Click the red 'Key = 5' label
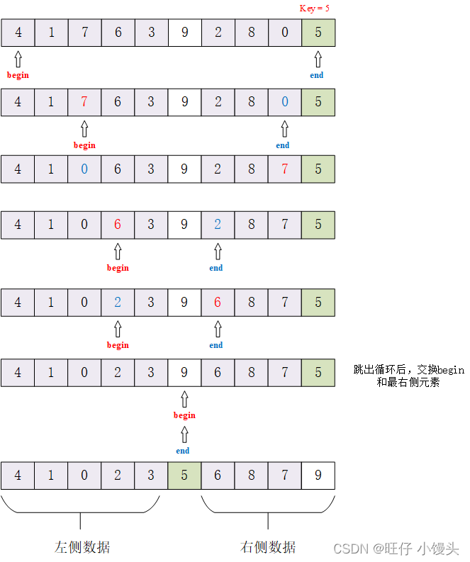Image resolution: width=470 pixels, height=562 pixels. [314, 9]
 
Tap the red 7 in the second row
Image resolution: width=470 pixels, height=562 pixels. [84, 102]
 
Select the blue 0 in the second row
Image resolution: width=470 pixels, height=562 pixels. [285, 102]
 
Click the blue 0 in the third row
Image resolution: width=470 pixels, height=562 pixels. [84, 169]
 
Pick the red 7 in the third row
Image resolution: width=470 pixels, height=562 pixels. [285, 169]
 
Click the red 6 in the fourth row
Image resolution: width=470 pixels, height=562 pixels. [118, 225]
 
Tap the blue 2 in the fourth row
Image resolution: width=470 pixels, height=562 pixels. [218, 225]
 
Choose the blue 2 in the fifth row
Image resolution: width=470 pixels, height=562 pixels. [118, 303]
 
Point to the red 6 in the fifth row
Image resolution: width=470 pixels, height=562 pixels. [218, 303]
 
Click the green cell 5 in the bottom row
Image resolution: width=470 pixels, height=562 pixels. [184, 476]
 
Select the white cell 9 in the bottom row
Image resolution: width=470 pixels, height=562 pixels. [318, 476]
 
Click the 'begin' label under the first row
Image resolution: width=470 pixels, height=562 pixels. [18, 75]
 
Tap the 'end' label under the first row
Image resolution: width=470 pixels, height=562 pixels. [317, 75]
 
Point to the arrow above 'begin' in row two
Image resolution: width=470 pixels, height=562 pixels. [84, 129]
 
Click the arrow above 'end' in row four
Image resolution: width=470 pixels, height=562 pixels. [218, 252]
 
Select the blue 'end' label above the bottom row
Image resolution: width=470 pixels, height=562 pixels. [183, 451]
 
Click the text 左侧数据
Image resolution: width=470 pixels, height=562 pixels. [82, 547]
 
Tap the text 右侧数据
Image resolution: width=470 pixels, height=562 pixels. [268, 547]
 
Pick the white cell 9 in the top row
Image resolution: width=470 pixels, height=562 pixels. [184, 33]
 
